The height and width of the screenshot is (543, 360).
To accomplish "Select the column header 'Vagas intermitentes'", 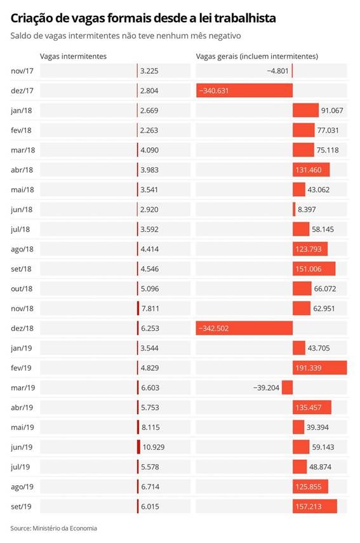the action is [73, 57].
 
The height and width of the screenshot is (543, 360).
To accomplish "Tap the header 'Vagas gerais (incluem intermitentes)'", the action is [257, 57].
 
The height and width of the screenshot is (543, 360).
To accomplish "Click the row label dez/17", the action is [22, 91].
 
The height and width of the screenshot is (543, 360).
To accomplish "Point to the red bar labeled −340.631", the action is [244, 91].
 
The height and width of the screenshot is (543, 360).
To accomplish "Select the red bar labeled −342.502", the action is [244, 328].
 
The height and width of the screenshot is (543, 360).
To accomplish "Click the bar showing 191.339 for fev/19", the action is [320, 368].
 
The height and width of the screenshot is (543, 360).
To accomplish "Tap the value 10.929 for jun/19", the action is [154, 447].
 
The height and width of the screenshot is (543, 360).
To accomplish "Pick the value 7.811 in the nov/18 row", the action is [150, 309].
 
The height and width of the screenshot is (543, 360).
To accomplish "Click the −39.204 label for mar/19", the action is [266, 387].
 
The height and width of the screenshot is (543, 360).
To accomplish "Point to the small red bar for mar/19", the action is [288, 387].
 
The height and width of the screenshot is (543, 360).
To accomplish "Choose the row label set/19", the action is [21, 507].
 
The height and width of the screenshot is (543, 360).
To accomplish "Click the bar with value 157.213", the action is [315, 506].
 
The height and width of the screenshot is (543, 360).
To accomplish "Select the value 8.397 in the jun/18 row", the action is [307, 210].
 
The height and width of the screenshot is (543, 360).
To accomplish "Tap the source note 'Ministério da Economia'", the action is [65, 528].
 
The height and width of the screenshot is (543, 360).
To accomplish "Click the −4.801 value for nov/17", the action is [277, 71].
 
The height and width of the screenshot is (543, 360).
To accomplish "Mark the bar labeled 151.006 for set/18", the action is [314, 269].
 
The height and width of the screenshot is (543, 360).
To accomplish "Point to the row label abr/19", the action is [22, 408].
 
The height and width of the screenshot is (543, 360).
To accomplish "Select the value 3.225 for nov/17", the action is [149, 71].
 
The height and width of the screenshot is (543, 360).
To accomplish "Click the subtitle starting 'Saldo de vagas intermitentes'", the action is [126, 36].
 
